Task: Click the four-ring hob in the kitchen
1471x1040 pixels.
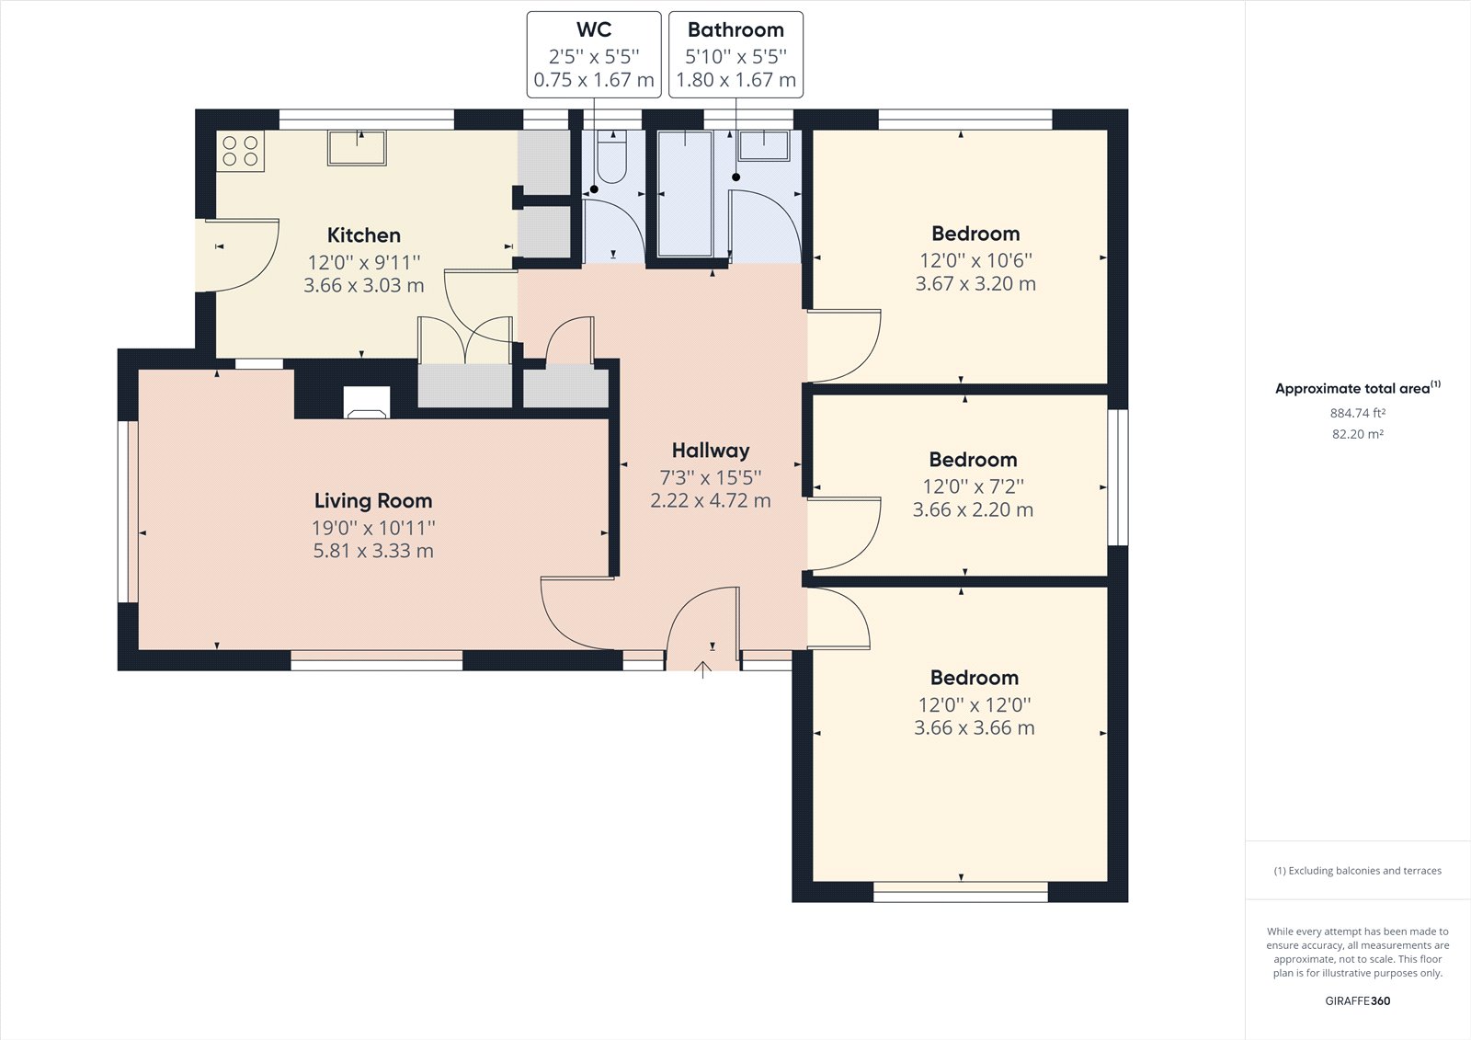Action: (x=241, y=151)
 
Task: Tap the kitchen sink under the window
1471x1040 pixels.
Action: (x=357, y=147)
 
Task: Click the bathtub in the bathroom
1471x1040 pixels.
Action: (x=686, y=193)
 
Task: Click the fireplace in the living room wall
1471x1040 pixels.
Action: (x=366, y=403)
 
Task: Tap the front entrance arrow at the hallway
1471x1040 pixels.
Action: (x=703, y=669)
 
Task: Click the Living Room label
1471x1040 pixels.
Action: (x=373, y=501)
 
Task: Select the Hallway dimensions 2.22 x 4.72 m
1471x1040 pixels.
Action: (x=710, y=501)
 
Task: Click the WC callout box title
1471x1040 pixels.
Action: (x=594, y=30)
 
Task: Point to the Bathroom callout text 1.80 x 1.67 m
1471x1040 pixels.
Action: (x=735, y=80)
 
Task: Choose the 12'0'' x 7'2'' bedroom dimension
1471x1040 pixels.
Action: (x=973, y=486)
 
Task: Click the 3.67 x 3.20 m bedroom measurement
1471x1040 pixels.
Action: (x=975, y=284)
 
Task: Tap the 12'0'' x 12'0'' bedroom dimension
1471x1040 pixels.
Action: (x=975, y=704)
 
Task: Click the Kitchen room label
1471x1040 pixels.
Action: (x=364, y=235)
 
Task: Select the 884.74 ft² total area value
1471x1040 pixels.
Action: (x=1357, y=414)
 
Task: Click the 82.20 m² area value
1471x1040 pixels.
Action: (x=1357, y=434)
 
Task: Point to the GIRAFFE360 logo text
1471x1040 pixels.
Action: (x=1357, y=1001)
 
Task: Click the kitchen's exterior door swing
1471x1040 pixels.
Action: (x=241, y=256)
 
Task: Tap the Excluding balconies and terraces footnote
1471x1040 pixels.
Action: (x=1357, y=871)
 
